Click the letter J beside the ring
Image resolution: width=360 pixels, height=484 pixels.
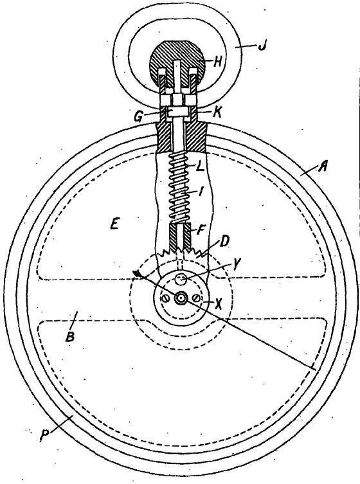click(262, 46)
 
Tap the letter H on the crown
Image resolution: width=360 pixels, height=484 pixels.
click(218, 62)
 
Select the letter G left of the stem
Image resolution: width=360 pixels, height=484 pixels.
click(139, 116)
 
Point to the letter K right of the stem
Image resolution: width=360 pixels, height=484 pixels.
click(217, 112)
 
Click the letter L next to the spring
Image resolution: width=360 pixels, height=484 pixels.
click(200, 167)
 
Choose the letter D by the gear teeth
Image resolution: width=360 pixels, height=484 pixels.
click(224, 242)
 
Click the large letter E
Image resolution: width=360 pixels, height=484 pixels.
click(114, 224)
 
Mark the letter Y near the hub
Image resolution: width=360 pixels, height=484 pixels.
click(236, 265)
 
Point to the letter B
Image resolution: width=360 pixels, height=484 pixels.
click(70, 336)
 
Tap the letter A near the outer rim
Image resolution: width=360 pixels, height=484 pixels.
click(323, 168)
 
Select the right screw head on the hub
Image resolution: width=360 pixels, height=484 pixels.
click(196, 298)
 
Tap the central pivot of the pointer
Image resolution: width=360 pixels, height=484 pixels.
click(180, 298)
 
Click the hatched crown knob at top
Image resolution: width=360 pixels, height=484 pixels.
click(177, 63)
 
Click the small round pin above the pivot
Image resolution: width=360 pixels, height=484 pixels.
click(180, 280)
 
